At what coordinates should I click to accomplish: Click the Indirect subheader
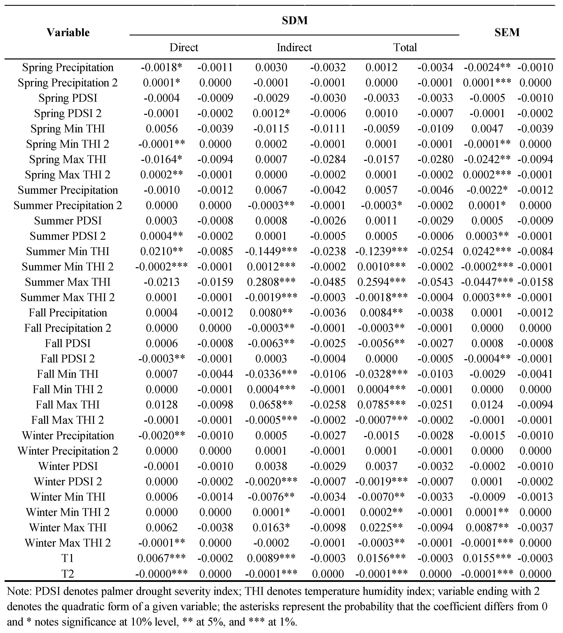[294, 47]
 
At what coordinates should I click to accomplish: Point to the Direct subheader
[184, 47]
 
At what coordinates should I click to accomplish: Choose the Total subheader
[405, 47]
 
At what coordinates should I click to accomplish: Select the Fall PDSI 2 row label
[68, 359]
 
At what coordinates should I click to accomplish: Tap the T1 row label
[68, 558]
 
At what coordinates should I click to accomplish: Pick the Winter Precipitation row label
[68, 435]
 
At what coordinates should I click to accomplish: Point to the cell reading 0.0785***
[381, 405]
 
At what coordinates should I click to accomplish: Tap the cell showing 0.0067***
[162, 558]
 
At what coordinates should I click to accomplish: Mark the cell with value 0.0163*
[271, 527]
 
